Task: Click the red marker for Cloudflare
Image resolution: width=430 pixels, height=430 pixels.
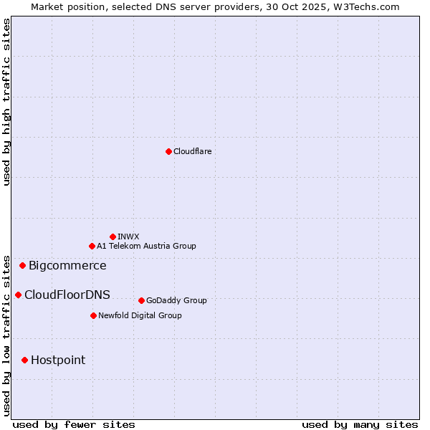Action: [168, 151]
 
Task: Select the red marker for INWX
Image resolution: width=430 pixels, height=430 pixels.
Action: [113, 236]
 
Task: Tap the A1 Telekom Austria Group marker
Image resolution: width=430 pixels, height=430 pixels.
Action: [92, 246]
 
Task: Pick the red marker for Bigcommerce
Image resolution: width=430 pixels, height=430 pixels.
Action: [22, 266]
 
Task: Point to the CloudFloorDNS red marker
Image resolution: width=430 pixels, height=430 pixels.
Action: [18, 295]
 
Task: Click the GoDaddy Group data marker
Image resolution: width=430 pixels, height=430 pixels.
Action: [141, 300]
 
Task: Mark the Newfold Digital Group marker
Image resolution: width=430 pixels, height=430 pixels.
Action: [93, 315]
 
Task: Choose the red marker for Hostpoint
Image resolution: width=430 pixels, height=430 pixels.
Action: [24, 360]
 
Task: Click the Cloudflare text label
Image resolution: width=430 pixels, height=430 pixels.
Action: [192, 151]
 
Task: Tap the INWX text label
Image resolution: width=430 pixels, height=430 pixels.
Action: [128, 236]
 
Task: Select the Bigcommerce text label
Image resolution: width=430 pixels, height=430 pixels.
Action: [67, 266]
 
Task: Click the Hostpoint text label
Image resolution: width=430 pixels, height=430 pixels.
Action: [58, 360]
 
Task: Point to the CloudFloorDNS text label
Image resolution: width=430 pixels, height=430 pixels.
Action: [67, 295]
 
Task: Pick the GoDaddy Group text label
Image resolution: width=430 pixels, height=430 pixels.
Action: [176, 300]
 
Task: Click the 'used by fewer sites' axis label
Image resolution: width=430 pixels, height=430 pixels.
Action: [74, 424]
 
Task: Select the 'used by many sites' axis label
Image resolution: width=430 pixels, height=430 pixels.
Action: [360, 424]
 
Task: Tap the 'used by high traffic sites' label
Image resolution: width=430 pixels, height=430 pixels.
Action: [7, 102]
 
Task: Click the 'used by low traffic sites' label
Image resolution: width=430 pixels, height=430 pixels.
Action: [7, 335]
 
